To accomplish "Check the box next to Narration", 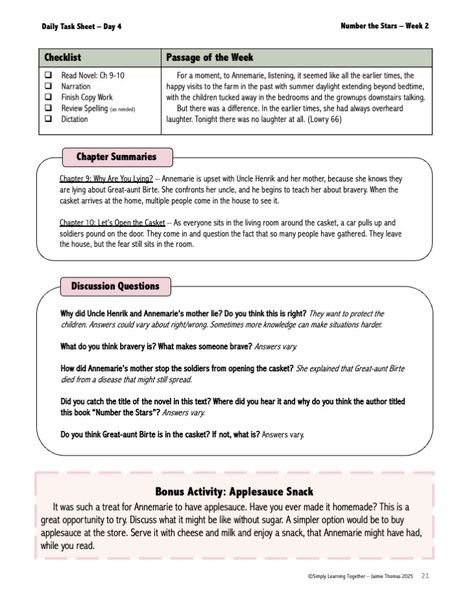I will coord(48,86).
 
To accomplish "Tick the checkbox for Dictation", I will coord(48,119).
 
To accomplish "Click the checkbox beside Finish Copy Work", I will coord(48,97).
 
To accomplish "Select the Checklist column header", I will coord(63,58).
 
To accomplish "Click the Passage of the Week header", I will coord(210,58).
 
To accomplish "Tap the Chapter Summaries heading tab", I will coord(117,157).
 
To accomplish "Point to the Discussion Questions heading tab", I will coord(115,286).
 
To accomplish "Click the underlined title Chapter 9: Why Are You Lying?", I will coord(106,178).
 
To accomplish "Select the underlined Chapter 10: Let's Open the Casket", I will coord(112,222).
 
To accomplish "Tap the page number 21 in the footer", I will coord(425,575).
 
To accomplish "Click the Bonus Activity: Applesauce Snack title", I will coord(234,491).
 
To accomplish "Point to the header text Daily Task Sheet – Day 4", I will coord(81,27).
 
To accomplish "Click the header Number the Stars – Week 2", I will coord(384,26).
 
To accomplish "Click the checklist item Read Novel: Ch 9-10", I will coord(93,75).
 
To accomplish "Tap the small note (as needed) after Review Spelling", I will coord(123,109).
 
